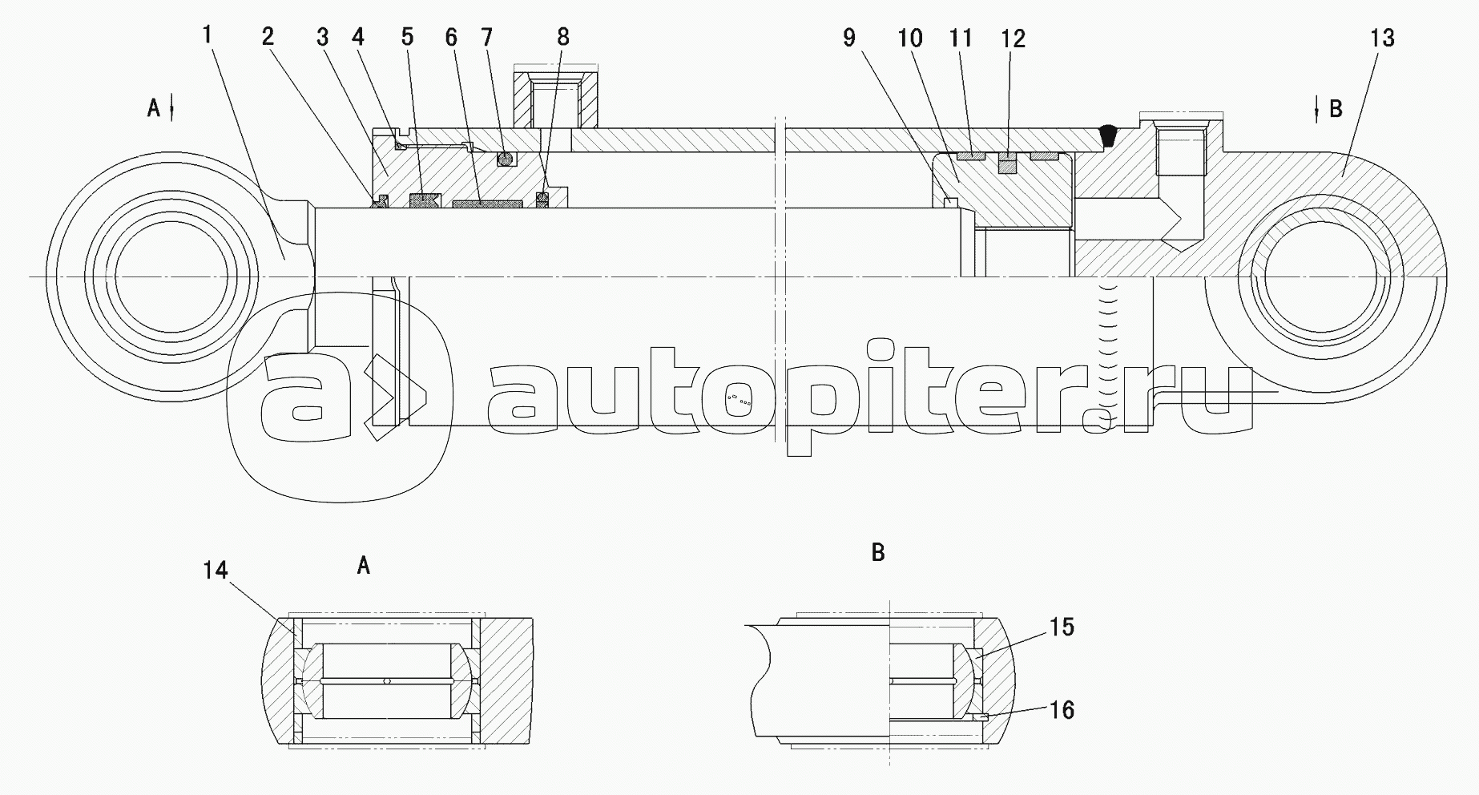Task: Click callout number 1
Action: pyautogui.click(x=207, y=34)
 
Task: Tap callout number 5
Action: pyautogui.click(x=407, y=37)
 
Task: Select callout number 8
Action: pyautogui.click(x=563, y=37)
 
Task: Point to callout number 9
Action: pyautogui.click(x=849, y=38)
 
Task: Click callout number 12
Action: pyautogui.click(x=1013, y=38)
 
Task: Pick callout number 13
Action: pyautogui.click(x=1383, y=38)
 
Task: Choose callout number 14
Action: pyautogui.click(x=216, y=570)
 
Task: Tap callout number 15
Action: pyautogui.click(x=1062, y=627)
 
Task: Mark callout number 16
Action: pyautogui.click(x=1062, y=710)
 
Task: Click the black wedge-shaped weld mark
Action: pyautogui.click(x=1108, y=135)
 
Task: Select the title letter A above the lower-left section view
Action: pyautogui.click(x=364, y=567)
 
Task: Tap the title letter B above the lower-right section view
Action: pyautogui.click(x=878, y=552)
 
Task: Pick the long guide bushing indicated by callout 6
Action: pyautogui.click(x=487, y=204)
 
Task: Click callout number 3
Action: pyautogui.click(x=322, y=37)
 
